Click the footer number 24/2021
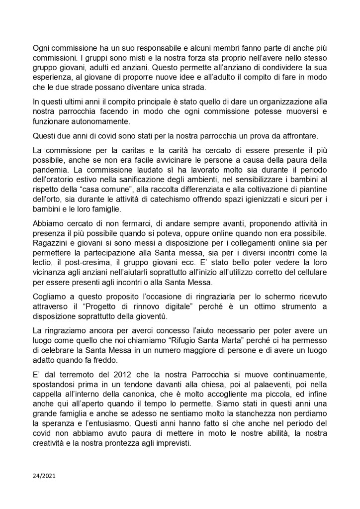(x=44, y=476)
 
